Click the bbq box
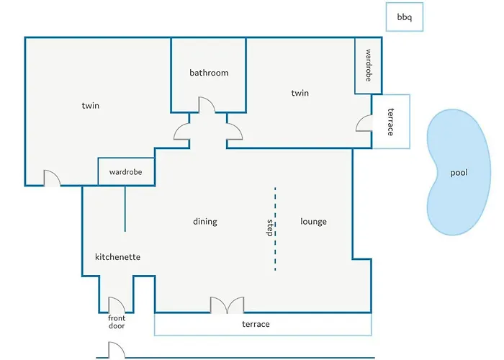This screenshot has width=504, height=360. pos(405,17)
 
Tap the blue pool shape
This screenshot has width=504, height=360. pos(458,172)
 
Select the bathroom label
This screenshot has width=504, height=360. pos(209,73)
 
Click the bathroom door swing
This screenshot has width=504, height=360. pos(207,105)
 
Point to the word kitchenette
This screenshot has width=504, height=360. pos(117,257)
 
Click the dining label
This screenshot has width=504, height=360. pos(205,222)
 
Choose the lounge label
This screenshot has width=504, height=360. pos(313,222)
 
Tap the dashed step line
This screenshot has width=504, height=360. pos(275,229)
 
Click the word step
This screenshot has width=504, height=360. pos(270,228)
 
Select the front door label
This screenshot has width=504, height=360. pos(117,322)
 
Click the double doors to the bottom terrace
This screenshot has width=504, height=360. pos(227,305)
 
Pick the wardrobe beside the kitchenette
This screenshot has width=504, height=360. pos(126,171)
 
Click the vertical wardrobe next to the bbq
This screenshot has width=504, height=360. pos(369,66)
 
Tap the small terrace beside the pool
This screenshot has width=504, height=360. pos(391,122)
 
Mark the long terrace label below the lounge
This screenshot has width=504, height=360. pos(256,324)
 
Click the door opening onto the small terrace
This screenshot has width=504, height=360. pos(364,123)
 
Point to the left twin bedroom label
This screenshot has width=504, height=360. pos(90,105)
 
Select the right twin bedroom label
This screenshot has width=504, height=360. pos(300,93)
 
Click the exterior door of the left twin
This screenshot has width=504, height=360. pos(52,178)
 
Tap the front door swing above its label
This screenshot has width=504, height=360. pos(117,305)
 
